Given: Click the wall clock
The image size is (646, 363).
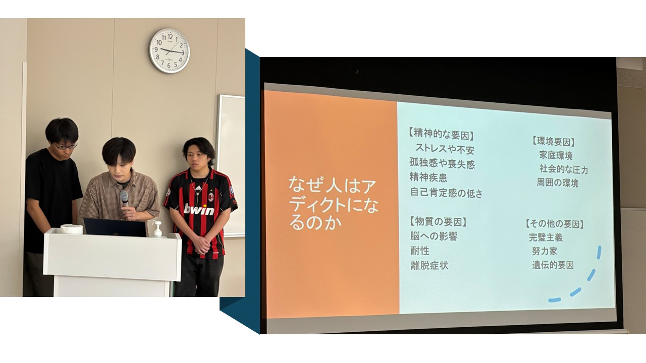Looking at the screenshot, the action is pos(170,50).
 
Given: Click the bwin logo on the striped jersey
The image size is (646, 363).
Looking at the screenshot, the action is pos(199,209).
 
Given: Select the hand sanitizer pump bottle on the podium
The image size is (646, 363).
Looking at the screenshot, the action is pos(157,229).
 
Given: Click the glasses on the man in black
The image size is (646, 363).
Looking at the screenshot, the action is pos(66,146).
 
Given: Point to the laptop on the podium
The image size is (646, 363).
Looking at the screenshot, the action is pos(115,227).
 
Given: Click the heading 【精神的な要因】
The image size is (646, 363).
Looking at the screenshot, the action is pos(441,134).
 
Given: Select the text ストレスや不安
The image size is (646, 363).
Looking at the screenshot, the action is pos(445,149).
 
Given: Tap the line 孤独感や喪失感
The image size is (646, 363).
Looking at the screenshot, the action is pos(442,163).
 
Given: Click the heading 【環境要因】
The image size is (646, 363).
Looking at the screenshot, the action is pos(553,142).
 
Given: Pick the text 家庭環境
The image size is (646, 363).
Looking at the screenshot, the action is pos(556,156).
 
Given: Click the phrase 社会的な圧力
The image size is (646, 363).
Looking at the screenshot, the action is pos(564,169).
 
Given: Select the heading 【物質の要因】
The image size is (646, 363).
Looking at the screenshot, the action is pos(438,222).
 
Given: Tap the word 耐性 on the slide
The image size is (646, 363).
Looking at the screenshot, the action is pos(420,251).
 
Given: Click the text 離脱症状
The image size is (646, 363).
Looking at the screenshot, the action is pos(429,265).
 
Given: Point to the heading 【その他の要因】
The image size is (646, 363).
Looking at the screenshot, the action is pos(554,224).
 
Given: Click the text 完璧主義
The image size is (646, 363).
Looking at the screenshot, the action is pos(546,237).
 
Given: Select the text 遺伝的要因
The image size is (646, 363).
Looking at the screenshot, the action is pos(553,265).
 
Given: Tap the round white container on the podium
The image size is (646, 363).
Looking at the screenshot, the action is pos(71,229).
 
